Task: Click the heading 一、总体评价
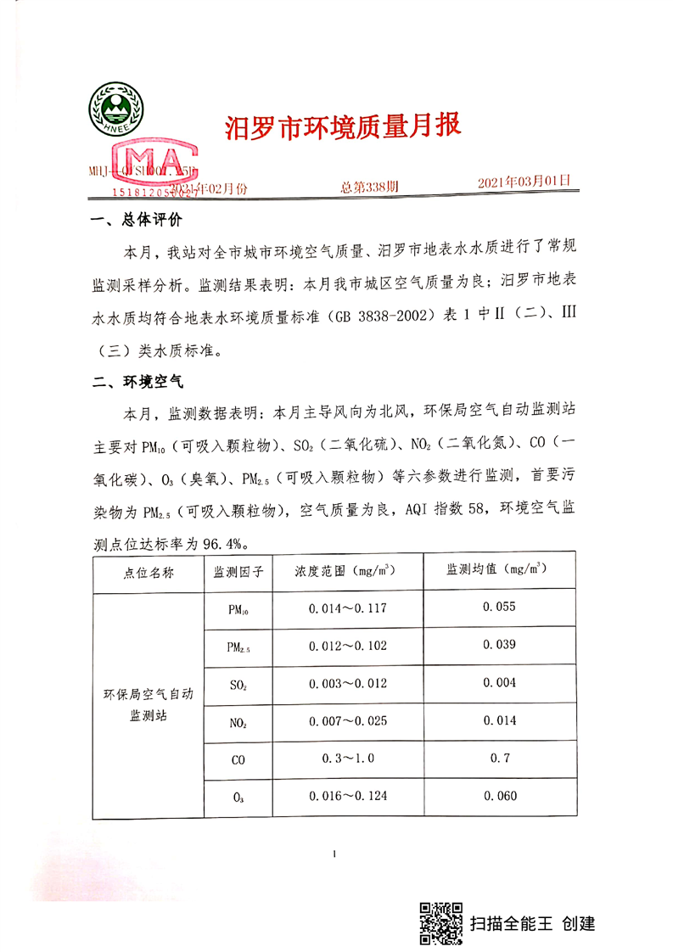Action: tap(136, 221)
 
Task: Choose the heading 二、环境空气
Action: tap(136, 384)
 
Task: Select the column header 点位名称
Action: tap(148, 573)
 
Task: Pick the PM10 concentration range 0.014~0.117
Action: tap(346, 608)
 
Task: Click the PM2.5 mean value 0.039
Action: tap(499, 645)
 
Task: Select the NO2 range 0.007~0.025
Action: tap(346, 720)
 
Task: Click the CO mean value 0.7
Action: tap(500, 758)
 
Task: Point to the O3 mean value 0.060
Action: tap(499, 796)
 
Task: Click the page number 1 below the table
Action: tap(337, 854)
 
